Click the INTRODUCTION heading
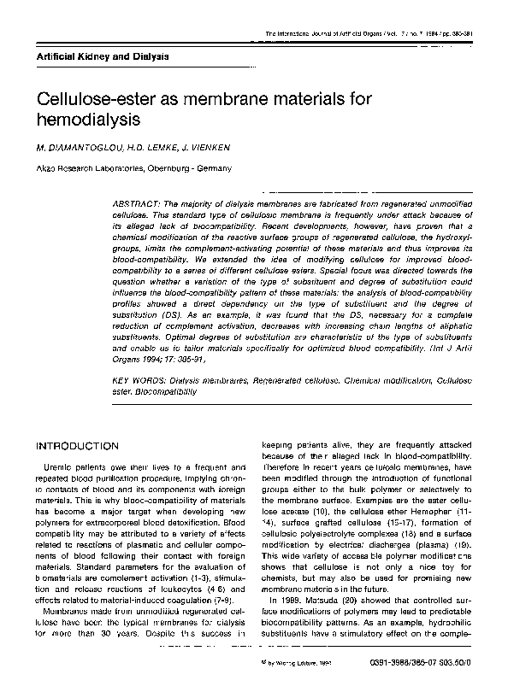(x=76, y=446)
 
